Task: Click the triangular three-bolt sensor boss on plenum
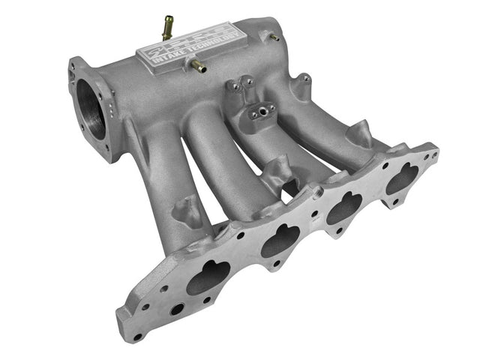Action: [x=259, y=112]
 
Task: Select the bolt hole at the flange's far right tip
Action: [x=433, y=157]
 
